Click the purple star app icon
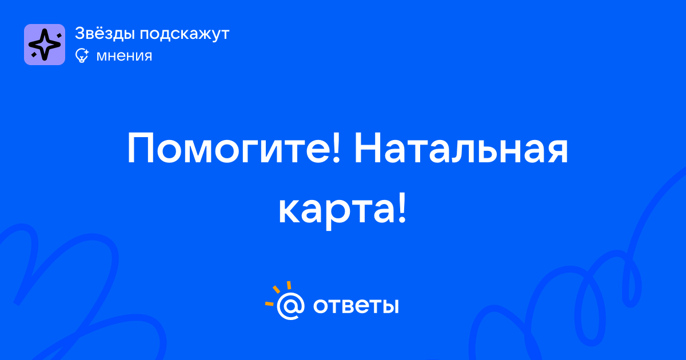[x=45, y=45]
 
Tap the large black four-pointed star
[x=45, y=45]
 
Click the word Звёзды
[x=105, y=33]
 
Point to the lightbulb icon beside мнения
[x=82, y=55]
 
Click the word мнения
[x=124, y=57]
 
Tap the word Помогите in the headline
[x=230, y=149]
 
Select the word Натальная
[x=461, y=149]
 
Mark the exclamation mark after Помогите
[x=336, y=147]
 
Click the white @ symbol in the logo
[x=290, y=306]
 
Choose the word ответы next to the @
[x=356, y=306]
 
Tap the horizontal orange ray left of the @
[x=269, y=303]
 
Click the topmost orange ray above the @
[x=289, y=285]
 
